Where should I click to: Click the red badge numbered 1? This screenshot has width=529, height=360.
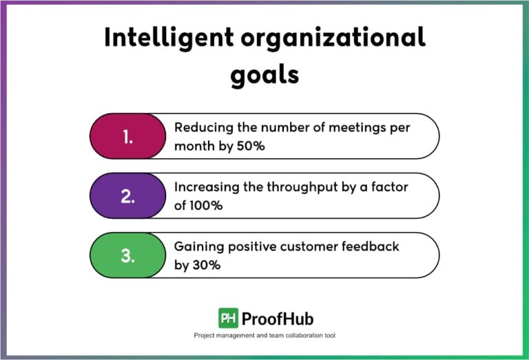[x=128, y=136]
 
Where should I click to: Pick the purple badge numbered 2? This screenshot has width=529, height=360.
[x=128, y=195]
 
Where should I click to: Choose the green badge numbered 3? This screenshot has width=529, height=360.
[x=127, y=255]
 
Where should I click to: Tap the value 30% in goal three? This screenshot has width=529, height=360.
[x=207, y=264]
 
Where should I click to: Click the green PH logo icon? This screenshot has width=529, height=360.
[x=228, y=318]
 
